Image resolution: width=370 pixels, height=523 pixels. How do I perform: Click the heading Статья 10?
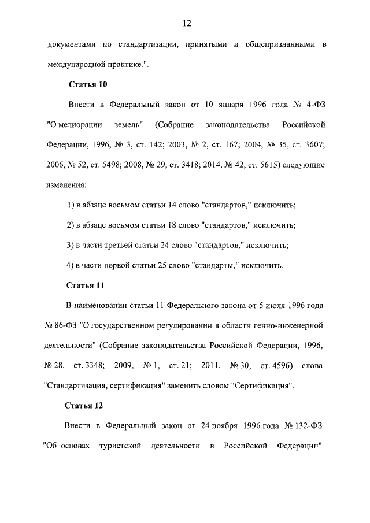(88, 84)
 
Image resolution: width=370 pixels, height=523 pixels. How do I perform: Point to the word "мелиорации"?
(76, 125)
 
